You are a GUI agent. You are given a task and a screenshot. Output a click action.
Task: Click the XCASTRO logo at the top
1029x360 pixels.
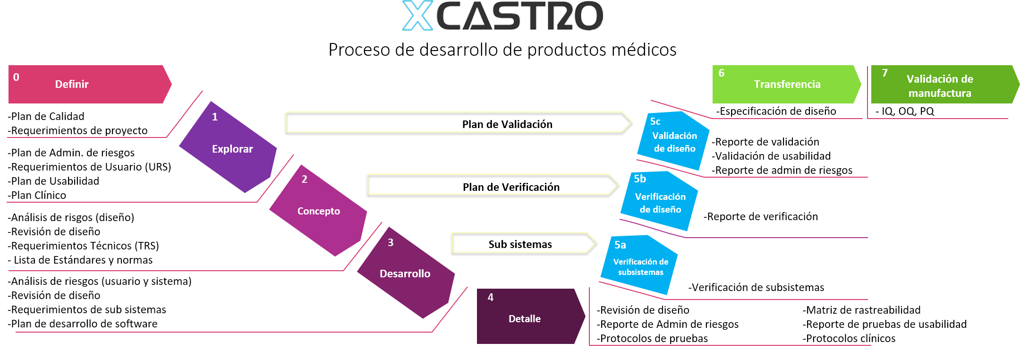pos(502,16)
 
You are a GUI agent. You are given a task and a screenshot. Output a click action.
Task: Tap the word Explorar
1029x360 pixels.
pos(232,149)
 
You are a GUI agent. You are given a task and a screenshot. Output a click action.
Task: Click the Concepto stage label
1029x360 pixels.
pos(319,211)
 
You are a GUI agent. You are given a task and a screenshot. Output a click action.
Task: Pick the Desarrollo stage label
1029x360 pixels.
pos(405,274)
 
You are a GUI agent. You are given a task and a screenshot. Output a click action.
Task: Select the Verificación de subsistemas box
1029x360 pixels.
pos(640,266)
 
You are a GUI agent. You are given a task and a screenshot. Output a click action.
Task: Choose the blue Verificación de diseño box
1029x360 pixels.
pos(660,202)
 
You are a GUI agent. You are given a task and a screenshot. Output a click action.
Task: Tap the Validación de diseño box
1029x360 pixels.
pos(674,141)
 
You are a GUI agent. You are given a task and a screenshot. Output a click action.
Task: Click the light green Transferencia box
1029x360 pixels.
pos(786,84)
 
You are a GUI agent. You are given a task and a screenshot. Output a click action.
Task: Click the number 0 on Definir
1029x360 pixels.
pos(16,77)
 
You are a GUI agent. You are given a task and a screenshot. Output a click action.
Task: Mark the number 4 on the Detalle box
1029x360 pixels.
pos(491,297)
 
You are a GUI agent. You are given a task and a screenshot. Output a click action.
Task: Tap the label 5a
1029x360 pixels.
pos(620,245)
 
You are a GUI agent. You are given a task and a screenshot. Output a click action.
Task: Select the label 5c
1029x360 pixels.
pos(655,121)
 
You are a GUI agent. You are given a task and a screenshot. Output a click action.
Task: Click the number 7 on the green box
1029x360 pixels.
pos(885,73)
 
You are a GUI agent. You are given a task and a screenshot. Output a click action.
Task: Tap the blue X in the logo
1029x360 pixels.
pos(418,16)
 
